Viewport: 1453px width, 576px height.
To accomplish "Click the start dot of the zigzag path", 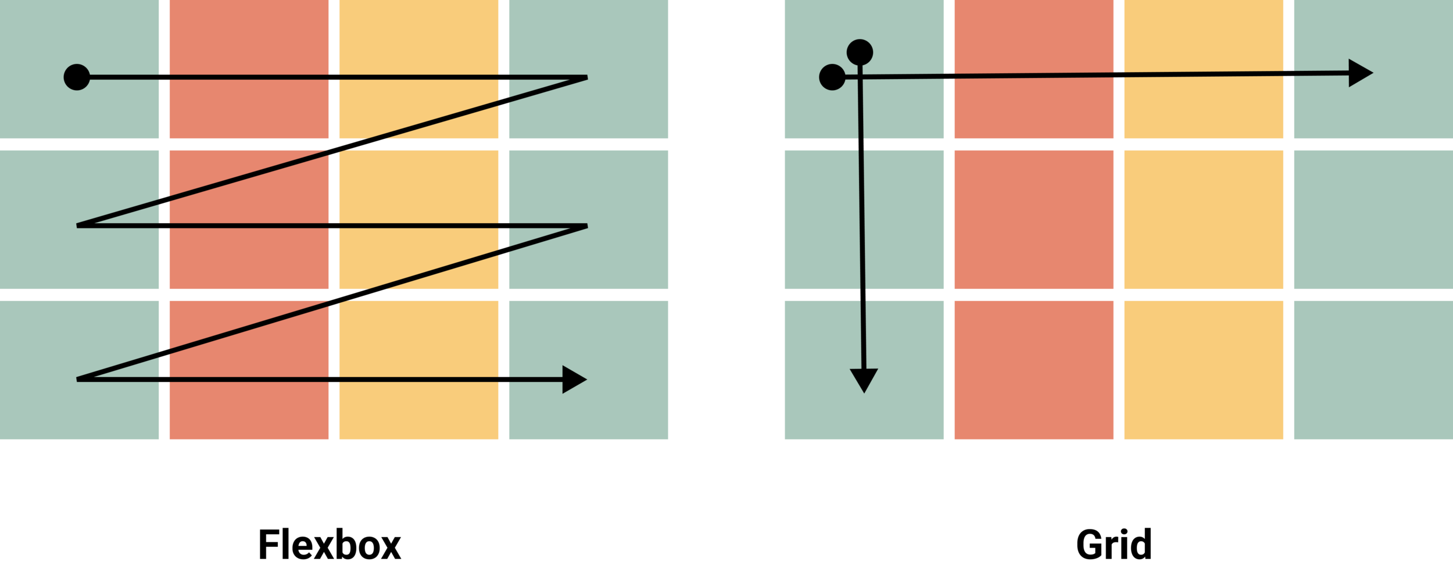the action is tap(77, 77).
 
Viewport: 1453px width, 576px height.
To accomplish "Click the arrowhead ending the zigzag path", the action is tap(574, 380).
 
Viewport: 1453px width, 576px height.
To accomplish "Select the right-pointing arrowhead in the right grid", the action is tap(1359, 73).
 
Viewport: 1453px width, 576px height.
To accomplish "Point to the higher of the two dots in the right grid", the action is tap(860, 52).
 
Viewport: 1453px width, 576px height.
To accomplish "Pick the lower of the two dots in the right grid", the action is tap(832, 77).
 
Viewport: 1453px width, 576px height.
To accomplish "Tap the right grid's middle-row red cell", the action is tap(1034, 220).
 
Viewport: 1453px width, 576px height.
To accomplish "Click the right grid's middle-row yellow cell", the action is tap(1203, 220).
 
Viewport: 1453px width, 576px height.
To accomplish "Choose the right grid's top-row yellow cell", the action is tap(1203, 35).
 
